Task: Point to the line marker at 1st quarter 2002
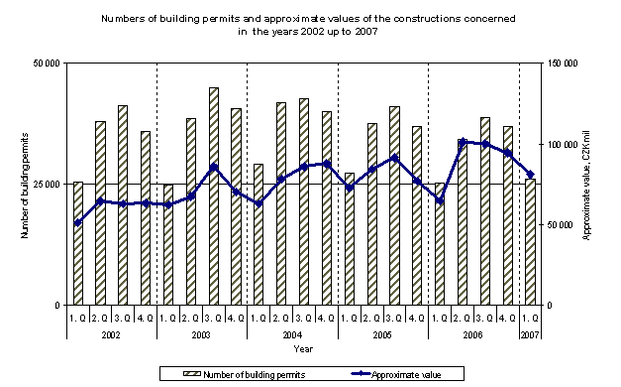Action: point(78,222)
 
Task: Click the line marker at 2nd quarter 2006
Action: point(462,142)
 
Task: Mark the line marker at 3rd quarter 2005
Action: point(394,158)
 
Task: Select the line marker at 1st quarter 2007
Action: point(530,174)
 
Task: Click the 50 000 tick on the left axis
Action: point(46,64)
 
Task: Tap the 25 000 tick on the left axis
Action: point(46,185)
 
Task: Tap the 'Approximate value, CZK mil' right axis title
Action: point(587,185)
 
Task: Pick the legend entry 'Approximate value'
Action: point(406,374)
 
